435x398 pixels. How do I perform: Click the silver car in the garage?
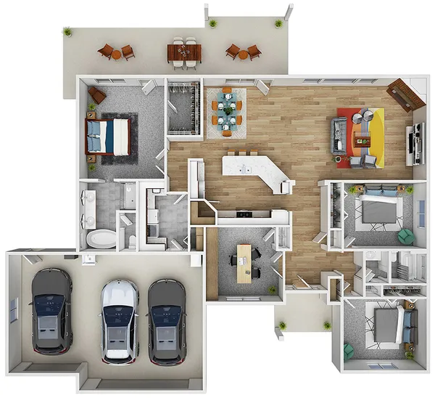tap(119, 320)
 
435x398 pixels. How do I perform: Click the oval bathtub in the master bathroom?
tap(101, 238)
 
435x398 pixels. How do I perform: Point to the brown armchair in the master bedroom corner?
tap(97, 95)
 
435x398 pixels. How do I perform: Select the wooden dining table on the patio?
tap(184, 52)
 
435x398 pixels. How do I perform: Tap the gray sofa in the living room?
tap(339, 134)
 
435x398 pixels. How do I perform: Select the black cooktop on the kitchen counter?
tap(244, 214)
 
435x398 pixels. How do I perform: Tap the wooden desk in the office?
tap(244, 262)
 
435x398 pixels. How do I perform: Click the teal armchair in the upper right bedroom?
tap(405, 237)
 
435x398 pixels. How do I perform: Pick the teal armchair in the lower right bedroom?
tap(349, 351)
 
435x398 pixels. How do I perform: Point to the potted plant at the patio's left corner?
tap(67, 32)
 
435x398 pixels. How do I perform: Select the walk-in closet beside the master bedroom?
tap(184, 109)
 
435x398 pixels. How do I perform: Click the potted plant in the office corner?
tap(273, 291)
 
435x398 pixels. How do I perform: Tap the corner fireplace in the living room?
tap(405, 95)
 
